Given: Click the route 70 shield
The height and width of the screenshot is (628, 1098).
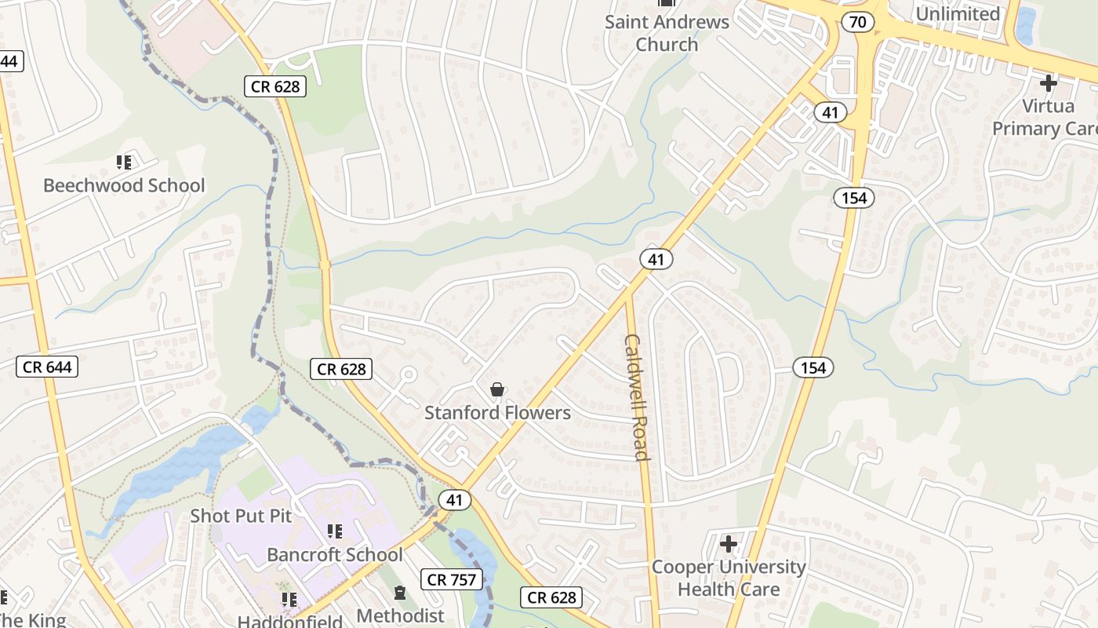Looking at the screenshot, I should click(858, 22).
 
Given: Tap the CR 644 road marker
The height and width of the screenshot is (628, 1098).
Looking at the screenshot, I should click(47, 367).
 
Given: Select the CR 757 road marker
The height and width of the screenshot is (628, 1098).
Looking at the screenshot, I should click(450, 580).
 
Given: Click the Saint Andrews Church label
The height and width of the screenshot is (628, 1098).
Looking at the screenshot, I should click(667, 33).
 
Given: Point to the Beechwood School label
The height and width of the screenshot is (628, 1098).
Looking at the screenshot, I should click(124, 185).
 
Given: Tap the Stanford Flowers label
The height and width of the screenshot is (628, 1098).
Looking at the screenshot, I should click(497, 412).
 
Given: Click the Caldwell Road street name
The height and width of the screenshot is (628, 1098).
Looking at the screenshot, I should click(636, 397).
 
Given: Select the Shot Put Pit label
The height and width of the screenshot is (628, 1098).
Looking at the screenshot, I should click(241, 516).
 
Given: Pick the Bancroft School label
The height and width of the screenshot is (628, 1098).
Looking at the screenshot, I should click(335, 554).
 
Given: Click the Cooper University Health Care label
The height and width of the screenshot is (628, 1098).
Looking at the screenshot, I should click(729, 578).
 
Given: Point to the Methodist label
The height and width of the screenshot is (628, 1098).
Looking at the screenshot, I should click(400, 615).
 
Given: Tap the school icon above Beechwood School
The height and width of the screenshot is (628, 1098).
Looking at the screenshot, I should click(123, 162).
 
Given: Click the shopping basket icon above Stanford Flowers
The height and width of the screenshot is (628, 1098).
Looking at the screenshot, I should click(496, 389).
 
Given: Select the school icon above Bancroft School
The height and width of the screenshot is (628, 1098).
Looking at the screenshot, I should click(335, 531).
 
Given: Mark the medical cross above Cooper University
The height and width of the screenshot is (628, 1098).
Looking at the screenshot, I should click(729, 543).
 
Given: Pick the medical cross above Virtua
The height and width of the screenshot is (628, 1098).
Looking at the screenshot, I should click(1048, 82).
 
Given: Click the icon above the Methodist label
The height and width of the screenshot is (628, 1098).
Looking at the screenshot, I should click(400, 593).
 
